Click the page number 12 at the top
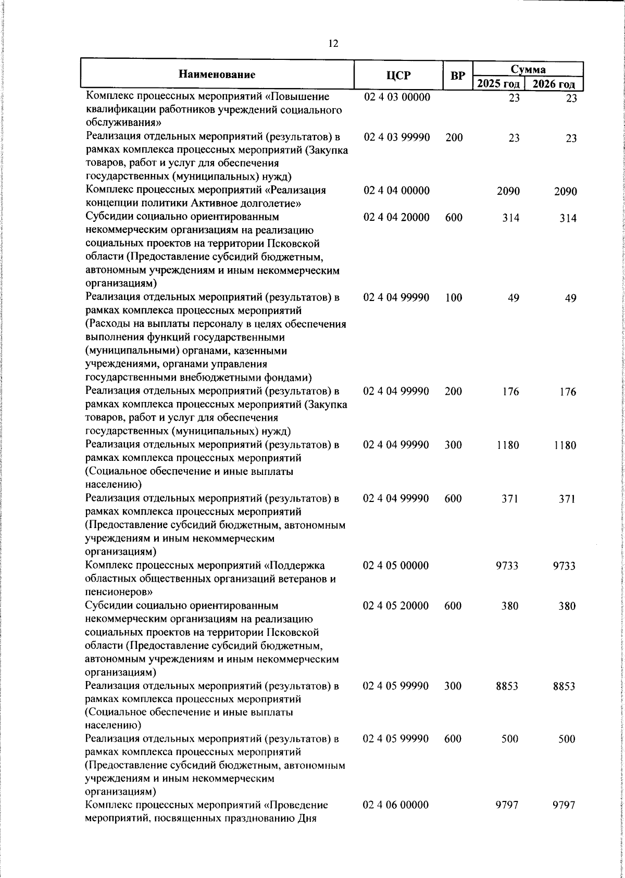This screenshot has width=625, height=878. pos(333,44)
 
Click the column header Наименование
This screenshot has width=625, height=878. pos(217,74)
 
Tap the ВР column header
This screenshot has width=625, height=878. pos(457,76)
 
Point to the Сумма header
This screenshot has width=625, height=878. pos(528,69)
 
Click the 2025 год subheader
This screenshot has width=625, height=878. pos(498,84)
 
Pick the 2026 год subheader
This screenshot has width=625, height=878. pos(554,84)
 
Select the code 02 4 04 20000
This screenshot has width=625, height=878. pos(396,217)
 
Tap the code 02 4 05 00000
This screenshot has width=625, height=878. pos(396,566)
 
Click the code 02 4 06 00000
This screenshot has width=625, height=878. pos(396,805)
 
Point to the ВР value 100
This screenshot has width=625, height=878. pos(454,298)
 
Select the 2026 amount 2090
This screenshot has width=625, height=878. pos(565,191)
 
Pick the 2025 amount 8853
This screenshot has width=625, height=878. pos(507,686)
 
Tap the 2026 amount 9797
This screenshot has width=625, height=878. pos(564,805)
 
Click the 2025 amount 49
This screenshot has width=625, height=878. pos(513,298)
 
